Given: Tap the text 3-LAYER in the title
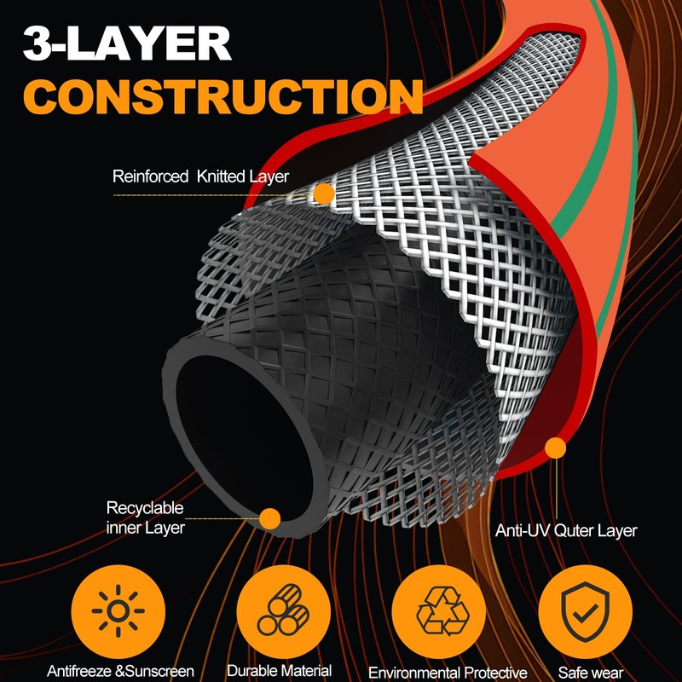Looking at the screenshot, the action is [128, 42].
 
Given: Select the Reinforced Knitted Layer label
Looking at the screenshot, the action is [200, 177].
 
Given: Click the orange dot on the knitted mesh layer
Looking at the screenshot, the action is [323, 194].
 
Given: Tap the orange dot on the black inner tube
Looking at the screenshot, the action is [269, 517].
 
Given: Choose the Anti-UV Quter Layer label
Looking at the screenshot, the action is [566, 530].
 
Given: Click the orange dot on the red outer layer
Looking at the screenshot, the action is [556, 448].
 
